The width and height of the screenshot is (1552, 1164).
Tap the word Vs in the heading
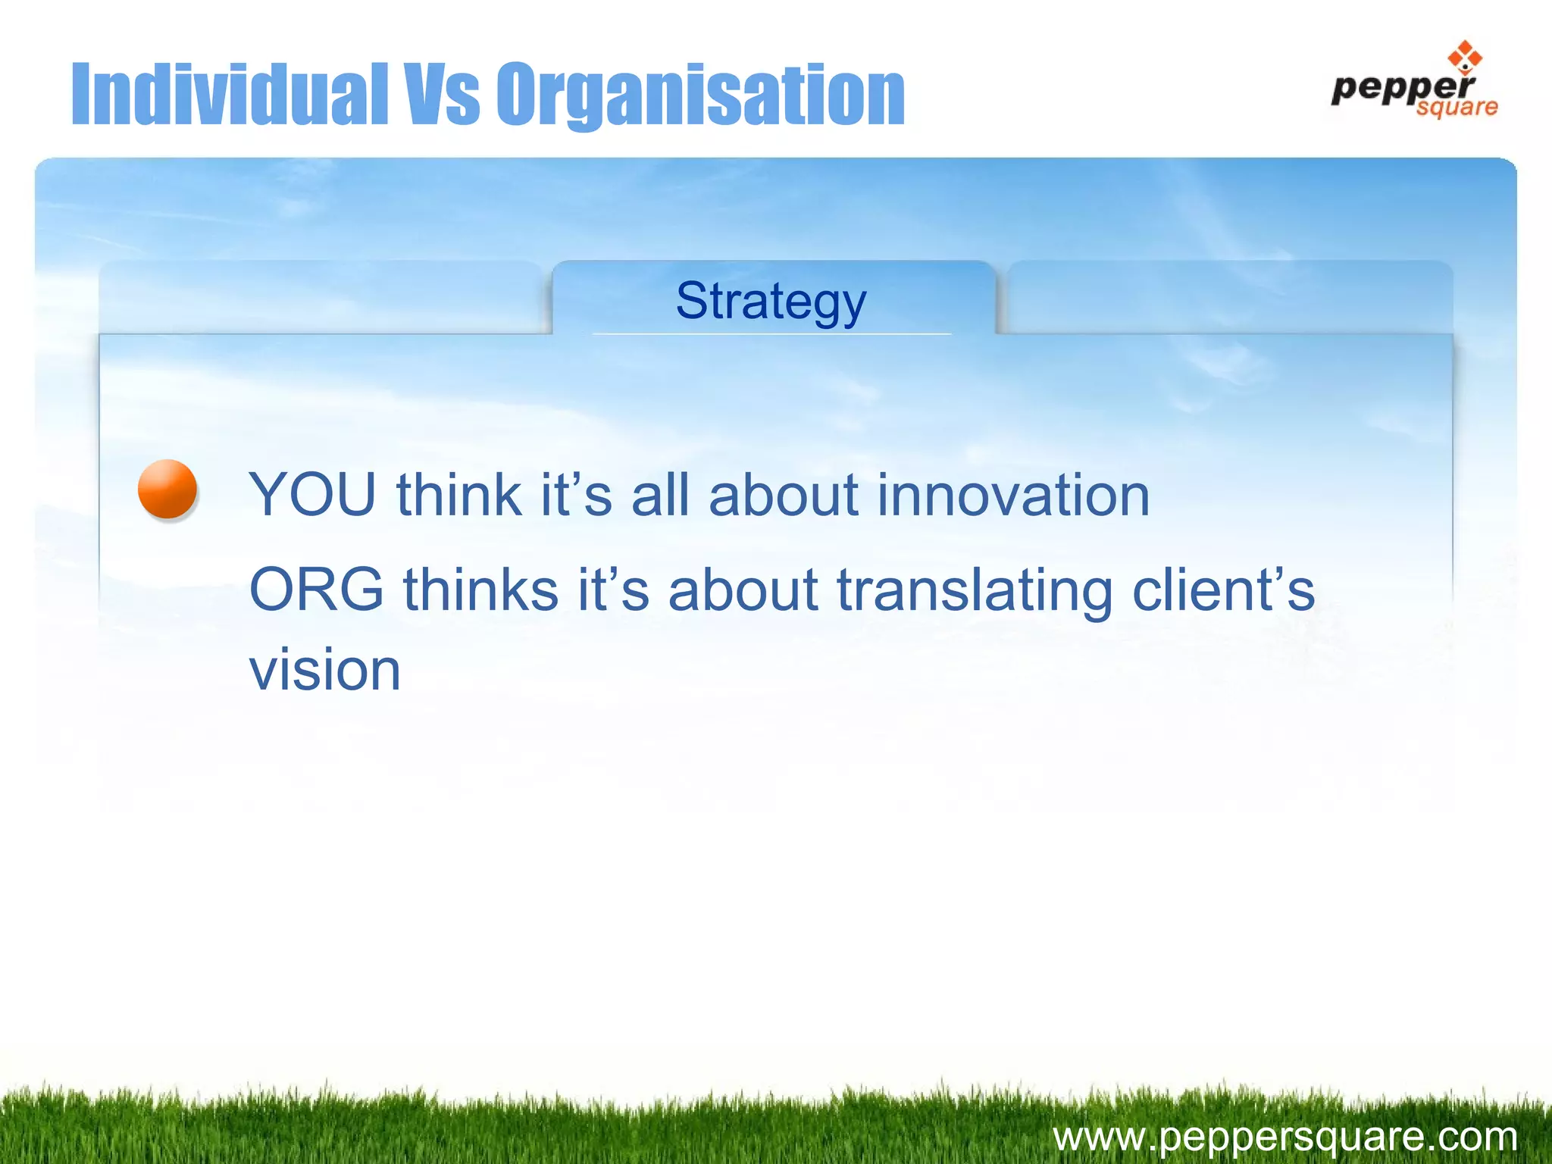tap(442, 94)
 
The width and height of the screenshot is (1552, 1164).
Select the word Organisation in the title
tap(701, 94)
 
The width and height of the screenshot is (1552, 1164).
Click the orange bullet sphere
tap(167, 489)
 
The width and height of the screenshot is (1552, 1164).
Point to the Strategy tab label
tap(771, 301)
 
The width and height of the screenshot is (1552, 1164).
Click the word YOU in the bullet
tap(312, 495)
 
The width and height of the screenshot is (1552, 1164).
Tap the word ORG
tap(317, 590)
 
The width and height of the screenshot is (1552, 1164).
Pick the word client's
tap(1223, 590)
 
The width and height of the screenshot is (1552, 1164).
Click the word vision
tap(325, 670)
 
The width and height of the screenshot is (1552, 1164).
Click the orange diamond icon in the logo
tap(1464, 58)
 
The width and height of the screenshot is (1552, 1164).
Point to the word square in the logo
tap(1457, 107)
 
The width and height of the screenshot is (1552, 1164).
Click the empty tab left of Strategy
tap(322, 298)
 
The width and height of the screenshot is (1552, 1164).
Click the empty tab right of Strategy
tap(1228, 298)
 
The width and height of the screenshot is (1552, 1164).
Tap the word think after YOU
tap(459, 495)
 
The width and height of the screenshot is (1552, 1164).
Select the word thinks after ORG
tap(480, 590)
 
